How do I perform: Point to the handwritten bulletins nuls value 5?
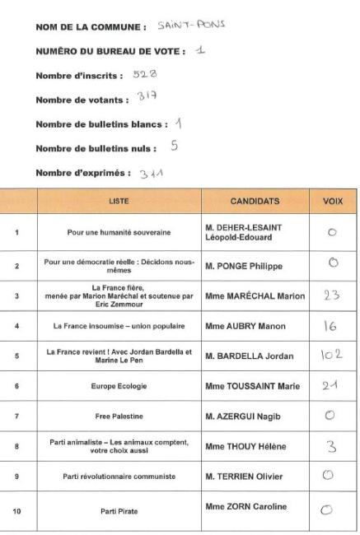pyautogui.click(x=174, y=148)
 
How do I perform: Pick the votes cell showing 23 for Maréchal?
pyautogui.click(x=332, y=295)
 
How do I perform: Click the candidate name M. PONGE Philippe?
pyautogui.click(x=243, y=267)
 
